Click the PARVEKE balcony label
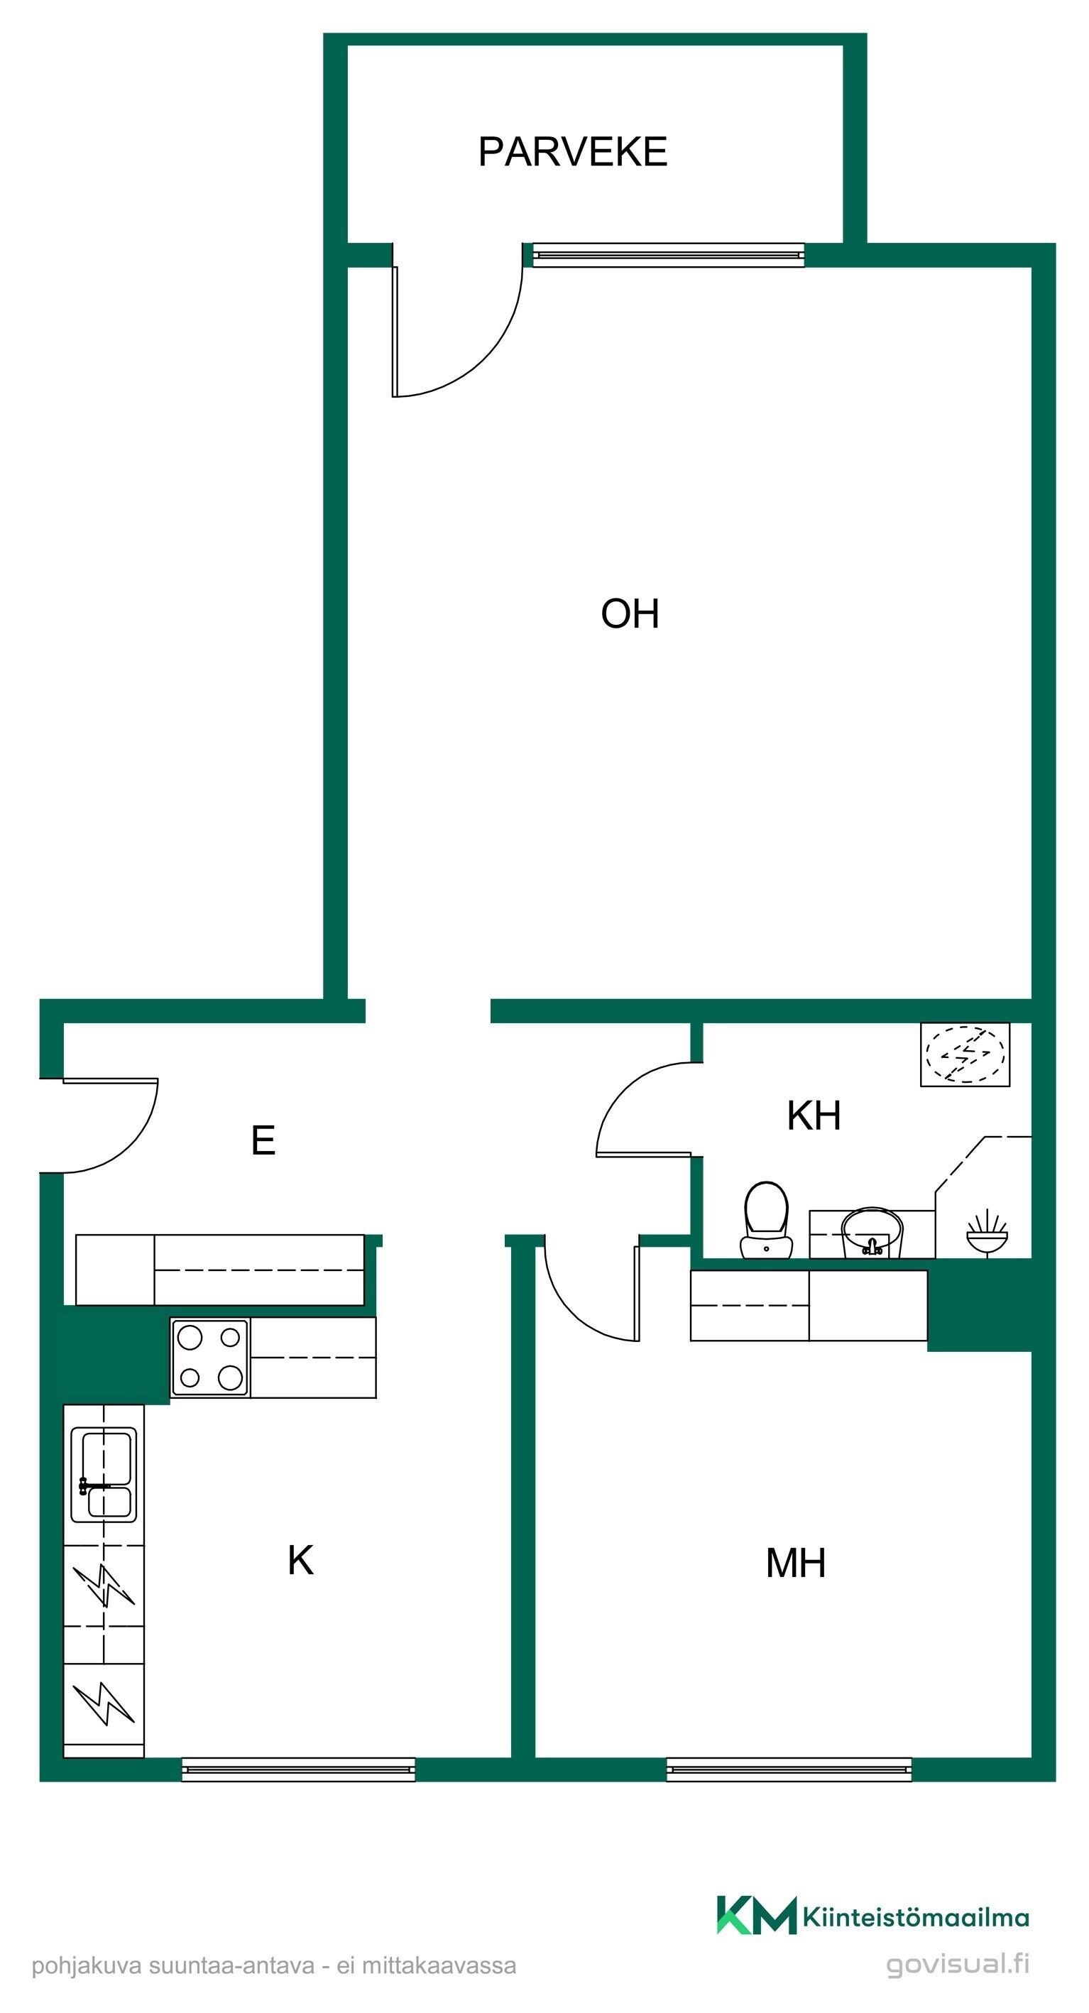coord(573,152)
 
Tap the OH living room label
coord(630,613)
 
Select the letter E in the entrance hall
coord(263,1140)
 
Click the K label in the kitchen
coord(301,1561)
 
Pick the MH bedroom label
coord(795,1563)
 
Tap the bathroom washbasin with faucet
coord(872,1233)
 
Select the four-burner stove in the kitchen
coord(210,1358)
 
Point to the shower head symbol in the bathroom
coord(987,1234)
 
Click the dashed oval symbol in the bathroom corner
coord(965,1054)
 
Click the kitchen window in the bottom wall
coord(298,1770)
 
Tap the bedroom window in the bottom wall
coord(789,1770)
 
